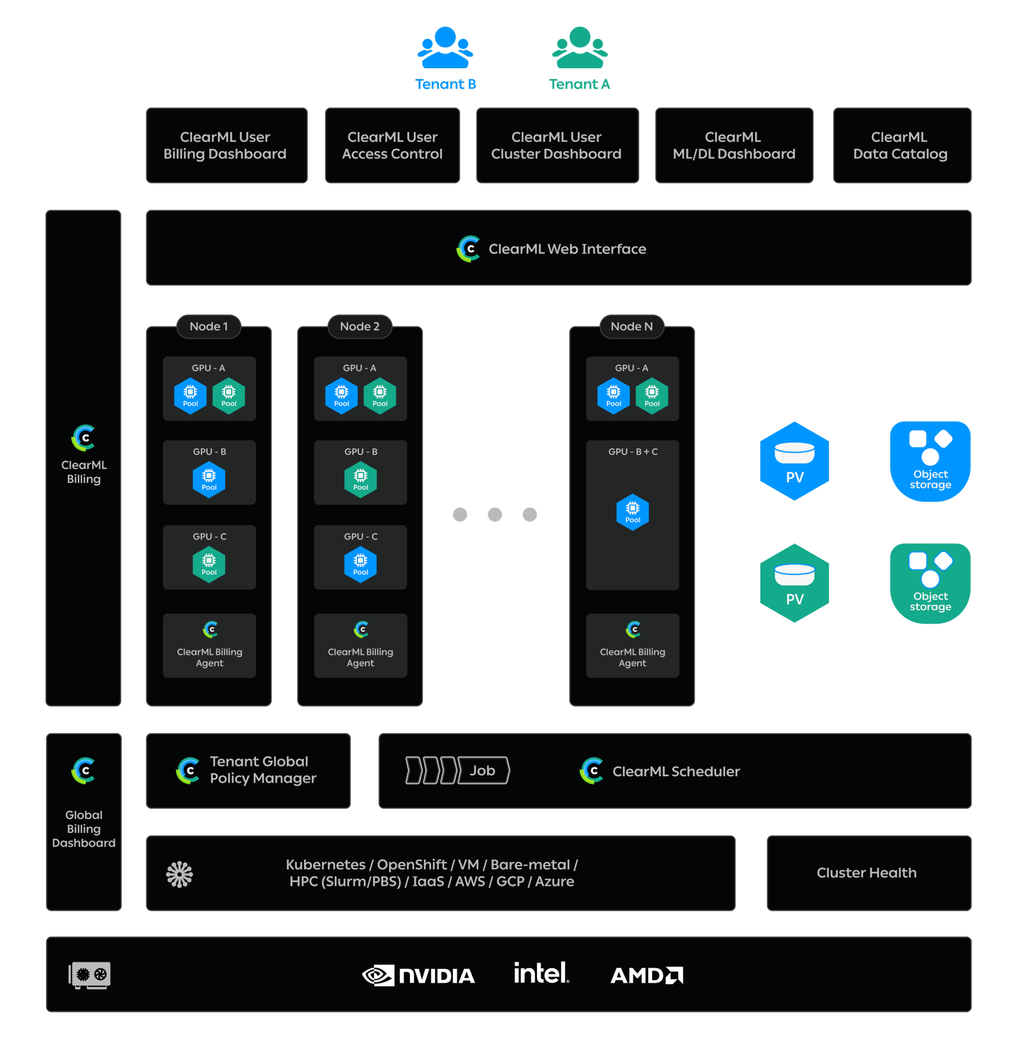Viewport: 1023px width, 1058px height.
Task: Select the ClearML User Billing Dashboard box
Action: (226, 145)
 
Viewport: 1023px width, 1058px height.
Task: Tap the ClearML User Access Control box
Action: (392, 145)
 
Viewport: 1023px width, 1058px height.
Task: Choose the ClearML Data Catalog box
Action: (902, 145)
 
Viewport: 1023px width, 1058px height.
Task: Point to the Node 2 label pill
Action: (360, 326)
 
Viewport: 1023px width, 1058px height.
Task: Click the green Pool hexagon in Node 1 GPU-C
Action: (209, 564)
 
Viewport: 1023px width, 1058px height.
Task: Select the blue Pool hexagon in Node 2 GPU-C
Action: (360, 564)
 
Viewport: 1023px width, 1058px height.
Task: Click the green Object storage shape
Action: (929, 583)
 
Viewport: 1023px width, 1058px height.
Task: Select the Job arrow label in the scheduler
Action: (482, 770)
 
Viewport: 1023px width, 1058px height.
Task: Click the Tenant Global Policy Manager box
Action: (248, 770)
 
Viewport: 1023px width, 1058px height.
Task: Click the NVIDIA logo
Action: (418, 975)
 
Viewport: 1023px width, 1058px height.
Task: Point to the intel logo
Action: (541, 973)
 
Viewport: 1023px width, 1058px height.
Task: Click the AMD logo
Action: (646, 975)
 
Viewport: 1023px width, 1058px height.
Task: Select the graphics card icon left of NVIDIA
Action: (90, 974)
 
